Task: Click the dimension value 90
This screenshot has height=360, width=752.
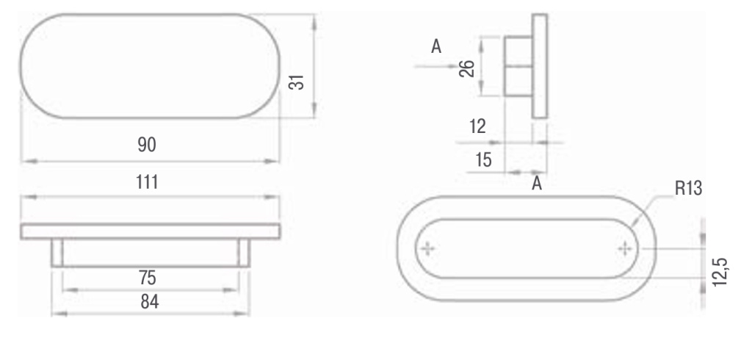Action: tap(147, 145)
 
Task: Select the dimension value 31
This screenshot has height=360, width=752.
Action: tap(297, 82)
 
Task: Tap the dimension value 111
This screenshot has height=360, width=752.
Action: tap(147, 182)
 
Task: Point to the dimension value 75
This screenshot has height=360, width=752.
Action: tap(148, 278)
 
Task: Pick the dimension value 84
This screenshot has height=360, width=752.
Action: tap(150, 302)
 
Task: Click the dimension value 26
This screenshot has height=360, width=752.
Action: tap(466, 68)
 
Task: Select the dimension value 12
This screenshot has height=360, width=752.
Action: tap(477, 126)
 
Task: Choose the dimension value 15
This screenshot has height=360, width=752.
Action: tap(483, 160)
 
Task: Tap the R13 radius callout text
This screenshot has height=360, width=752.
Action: tap(688, 189)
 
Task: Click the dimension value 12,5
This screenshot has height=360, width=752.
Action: tap(720, 272)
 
